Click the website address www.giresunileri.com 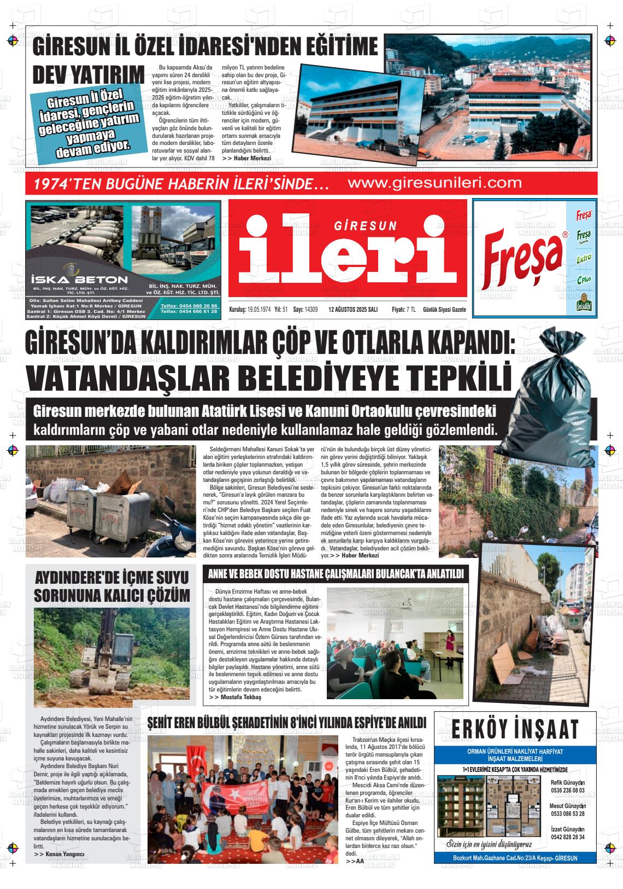coord(434,183)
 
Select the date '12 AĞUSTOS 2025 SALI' coord(352,310)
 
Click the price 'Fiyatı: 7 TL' coord(403,310)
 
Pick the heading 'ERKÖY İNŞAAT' coord(515,729)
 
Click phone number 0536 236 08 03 coord(567,791)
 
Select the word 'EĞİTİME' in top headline coord(333,47)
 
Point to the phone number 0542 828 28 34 coord(567,837)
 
